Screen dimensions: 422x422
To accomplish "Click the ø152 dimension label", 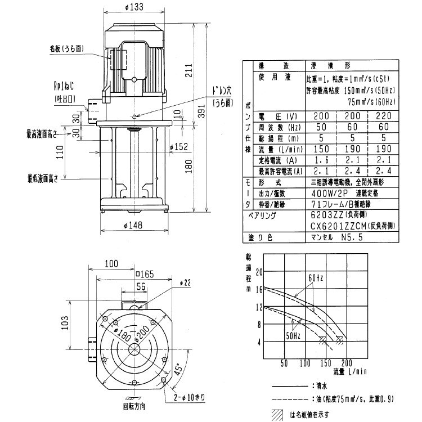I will point(179,148).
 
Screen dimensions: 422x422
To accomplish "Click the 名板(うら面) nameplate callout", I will point(66,49).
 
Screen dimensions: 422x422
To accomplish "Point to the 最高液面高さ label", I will point(45,135).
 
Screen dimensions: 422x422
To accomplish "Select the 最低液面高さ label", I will point(45,178).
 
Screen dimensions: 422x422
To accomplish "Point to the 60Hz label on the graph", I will point(315,278).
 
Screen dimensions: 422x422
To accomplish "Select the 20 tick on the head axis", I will point(259,272).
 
